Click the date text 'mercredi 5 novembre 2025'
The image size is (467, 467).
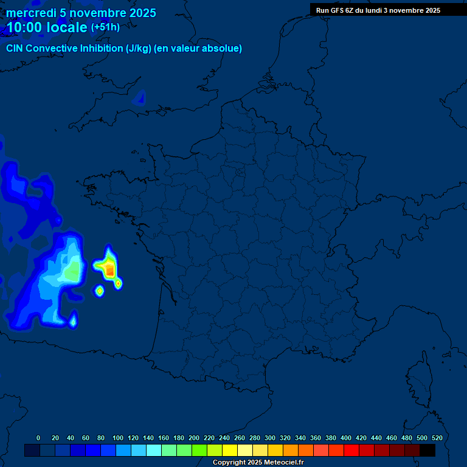point(81,13)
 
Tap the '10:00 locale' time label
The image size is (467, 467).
point(47,27)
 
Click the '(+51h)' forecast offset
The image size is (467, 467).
point(105,27)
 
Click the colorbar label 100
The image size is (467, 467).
point(118,438)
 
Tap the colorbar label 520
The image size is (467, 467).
point(437,438)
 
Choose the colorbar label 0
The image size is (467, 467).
point(38,438)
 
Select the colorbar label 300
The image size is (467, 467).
point(270,438)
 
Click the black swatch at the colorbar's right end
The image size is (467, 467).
point(427,450)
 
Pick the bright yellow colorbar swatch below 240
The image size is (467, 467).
point(230,450)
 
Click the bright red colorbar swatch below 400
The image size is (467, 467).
point(351,450)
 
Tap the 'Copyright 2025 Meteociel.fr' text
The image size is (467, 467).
point(258,463)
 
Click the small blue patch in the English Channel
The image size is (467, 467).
point(141,97)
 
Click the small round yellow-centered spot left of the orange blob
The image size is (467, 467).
point(100,291)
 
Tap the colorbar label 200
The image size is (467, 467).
point(194,438)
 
